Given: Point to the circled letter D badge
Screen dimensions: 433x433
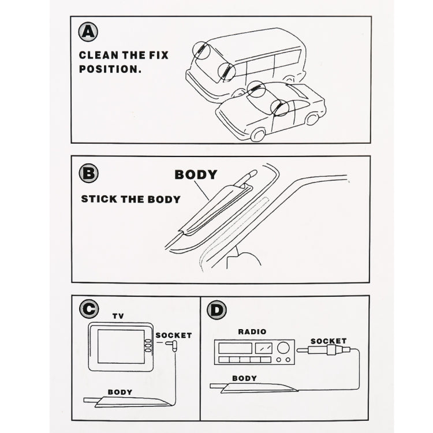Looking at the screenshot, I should click(216, 311).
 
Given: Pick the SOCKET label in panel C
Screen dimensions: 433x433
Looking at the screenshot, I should click(174, 335).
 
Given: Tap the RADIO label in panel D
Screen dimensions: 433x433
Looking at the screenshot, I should click(252, 331).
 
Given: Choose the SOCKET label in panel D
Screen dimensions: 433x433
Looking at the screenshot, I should click(328, 341).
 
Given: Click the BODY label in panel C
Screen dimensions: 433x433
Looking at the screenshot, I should click(120, 392).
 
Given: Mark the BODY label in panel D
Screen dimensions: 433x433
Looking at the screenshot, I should click(244, 379).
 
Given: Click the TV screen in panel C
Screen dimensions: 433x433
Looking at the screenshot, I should click(120, 346).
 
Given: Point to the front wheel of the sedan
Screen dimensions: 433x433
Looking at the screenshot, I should click(258, 135).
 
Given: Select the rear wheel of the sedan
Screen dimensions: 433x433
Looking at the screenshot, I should click(312, 119).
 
